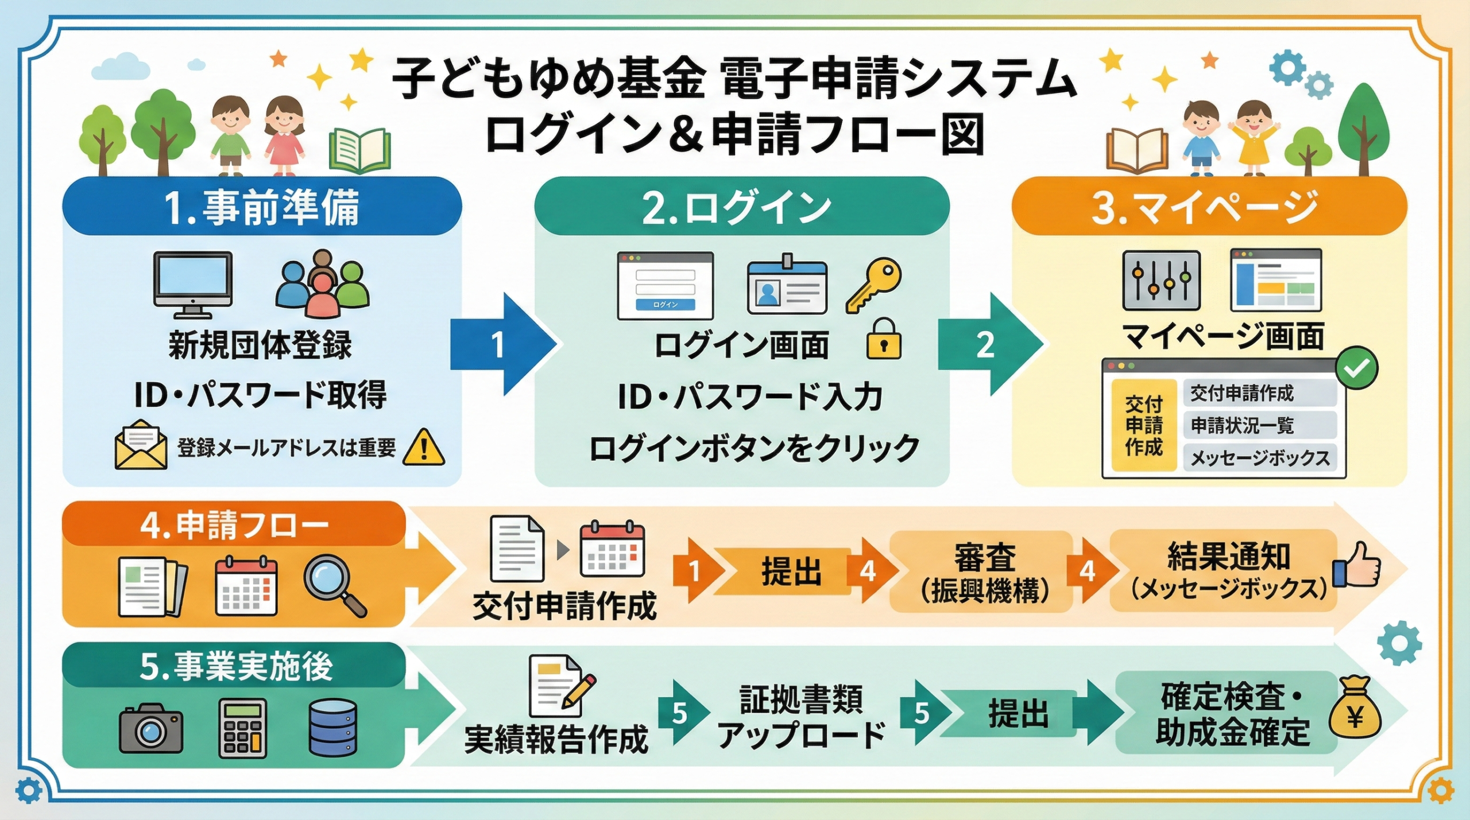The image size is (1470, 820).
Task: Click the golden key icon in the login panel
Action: (x=873, y=285)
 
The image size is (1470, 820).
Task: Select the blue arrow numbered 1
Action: (x=503, y=344)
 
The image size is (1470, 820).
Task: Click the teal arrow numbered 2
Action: (x=990, y=344)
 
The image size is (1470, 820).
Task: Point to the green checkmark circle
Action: (x=1356, y=368)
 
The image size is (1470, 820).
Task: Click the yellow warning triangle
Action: (x=424, y=447)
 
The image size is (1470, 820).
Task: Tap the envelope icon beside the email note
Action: (x=141, y=444)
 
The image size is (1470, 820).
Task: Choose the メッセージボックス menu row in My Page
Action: (x=1260, y=458)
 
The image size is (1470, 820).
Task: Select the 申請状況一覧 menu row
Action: (x=1260, y=425)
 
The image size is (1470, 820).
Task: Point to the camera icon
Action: (x=151, y=728)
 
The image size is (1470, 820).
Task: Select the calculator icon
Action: (x=243, y=728)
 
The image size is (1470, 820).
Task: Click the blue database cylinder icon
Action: (x=332, y=728)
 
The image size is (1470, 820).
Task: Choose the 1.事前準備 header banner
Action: (x=262, y=206)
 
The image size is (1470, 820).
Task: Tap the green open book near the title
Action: (x=360, y=151)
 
